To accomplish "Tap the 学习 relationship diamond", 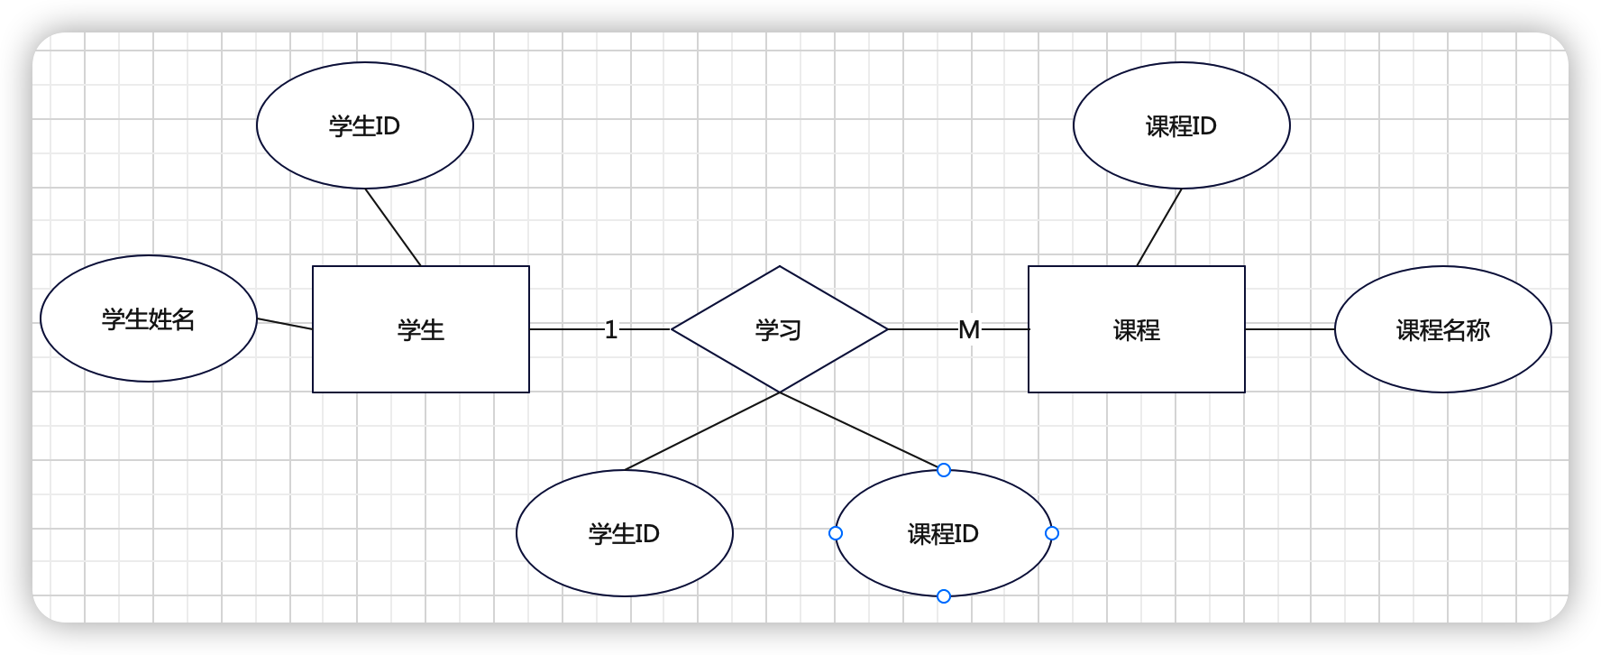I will tap(779, 329).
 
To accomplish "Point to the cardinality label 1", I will tap(611, 329).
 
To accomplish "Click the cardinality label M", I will tap(969, 329).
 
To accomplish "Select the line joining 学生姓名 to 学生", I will tap(285, 324).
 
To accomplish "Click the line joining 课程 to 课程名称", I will tap(1289, 329).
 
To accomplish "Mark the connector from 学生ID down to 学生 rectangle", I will tap(393, 227).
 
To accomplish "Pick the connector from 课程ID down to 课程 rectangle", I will tap(1159, 227).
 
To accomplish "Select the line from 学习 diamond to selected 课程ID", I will tap(861, 431).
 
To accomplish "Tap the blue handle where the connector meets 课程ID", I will tap(944, 470).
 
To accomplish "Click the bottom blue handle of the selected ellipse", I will tap(944, 596).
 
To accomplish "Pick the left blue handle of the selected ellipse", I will tap(836, 533).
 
